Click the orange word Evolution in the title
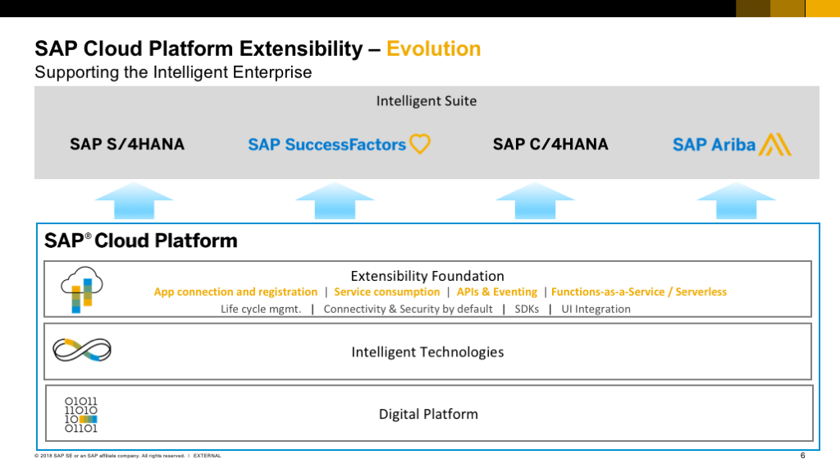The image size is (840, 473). [x=433, y=48]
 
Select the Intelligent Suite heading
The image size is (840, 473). [x=427, y=101]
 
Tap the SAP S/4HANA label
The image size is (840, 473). [x=127, y=145]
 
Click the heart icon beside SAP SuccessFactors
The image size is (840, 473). [x=420, y=144]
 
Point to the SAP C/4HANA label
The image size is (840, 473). [x=550, y=145]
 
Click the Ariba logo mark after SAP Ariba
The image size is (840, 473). [x=774, y=145]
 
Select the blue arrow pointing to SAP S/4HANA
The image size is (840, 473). [x=134, y=200]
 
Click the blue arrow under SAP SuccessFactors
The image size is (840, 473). [x=335, y=200]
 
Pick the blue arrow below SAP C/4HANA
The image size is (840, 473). [x=535, y=200]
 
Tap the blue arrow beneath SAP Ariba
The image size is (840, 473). [x=736, y=200]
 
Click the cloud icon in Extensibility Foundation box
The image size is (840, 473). [x=81, y=290]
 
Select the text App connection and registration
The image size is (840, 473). [x=235, y=292]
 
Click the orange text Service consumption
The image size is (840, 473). [x=387, y=292]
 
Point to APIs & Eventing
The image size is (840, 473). [x=496, y=292]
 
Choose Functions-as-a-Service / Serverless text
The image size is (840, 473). [x=639, y=292]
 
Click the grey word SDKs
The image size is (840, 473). [x=527, y=309]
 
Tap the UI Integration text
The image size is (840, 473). [x=596, y=309]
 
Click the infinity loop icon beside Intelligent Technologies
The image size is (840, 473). [x=82, y=350]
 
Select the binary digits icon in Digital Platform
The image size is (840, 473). [x=81, y=415]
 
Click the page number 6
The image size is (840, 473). [x=802, y=455]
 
